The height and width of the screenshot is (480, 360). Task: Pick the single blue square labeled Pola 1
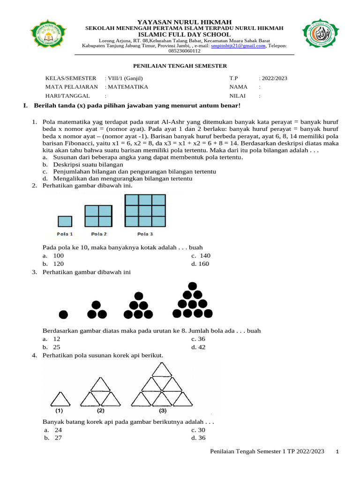pos(65,221)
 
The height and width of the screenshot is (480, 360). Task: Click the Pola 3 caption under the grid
pos(145,234)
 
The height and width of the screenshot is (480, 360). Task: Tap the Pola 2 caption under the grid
pos(98,234)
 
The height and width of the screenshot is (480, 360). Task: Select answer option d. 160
pos(201,264)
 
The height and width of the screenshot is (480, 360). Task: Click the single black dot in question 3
pos(63,314)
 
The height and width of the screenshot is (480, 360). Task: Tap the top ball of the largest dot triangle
pos(192,285)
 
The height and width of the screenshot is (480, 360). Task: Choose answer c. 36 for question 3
pos(198,339)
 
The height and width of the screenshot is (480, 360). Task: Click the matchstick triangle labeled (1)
pos(60,400)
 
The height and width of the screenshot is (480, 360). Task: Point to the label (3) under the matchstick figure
pos(163,411)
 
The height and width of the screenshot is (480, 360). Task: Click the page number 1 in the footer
pos(338,451)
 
